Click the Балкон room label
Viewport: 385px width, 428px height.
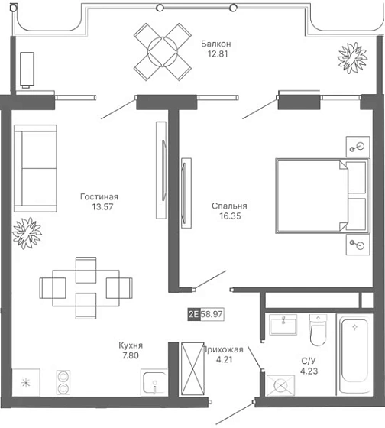pyautogui.click(x=216, y=44)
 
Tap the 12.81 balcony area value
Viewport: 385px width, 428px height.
pyautogui.click(x=218, y=53)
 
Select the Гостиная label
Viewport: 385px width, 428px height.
pyautogui.click(x=99, y=196)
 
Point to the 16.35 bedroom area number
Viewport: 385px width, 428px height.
pyautogui.click(x=230, y=216)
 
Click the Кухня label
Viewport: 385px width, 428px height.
pyautogui.click(x=131, y=345)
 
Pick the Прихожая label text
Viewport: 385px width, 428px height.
pyautogui.click(x=222, y=349)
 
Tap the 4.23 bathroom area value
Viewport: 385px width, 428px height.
pyautogui.click(x=309, y=371)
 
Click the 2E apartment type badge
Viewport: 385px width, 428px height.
pyautogui.click(x=194, y=314)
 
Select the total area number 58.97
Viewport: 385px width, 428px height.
pyautogui.click(x=212, y=314)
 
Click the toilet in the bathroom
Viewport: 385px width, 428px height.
pyautogui.click(x=318, y=329)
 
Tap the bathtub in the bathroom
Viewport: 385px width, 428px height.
pyautogui.click(x=354, y=355)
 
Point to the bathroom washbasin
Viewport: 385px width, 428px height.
pyautogui.click(x=283, y=325)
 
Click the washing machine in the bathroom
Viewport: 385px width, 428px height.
pyautogui.click(x=280, y=385)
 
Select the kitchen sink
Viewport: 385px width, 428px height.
pyautogui.click(x=154, y=382)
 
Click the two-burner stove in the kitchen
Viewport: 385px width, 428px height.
pyautogui.click(x=63, y=382)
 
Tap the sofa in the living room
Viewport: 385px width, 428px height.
pyautogui.click(x=35, y=168)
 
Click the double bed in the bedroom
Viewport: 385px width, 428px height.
pyautogui.click(x=322, y=196)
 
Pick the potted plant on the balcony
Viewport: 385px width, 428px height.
pyautogui.click(x=352, y=57)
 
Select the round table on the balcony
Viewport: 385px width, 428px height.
pyautogui.click(x=163, y=52)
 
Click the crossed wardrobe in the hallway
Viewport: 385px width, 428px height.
pyautogui.click(x=192, y=368)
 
